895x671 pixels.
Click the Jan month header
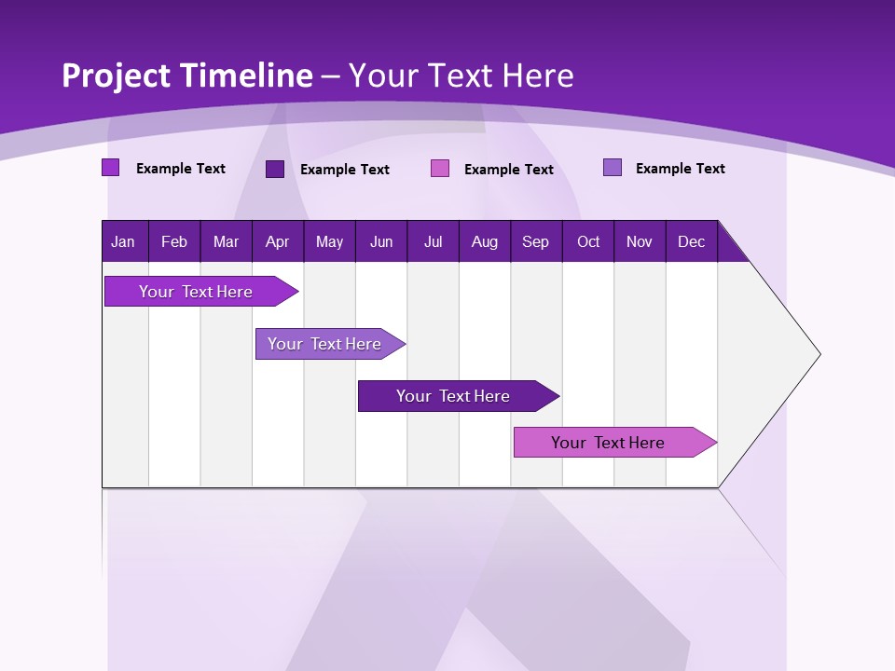tap(123, 242)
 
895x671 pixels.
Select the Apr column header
tap(278, 242)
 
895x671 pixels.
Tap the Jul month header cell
tap(433, 242)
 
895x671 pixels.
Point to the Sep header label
tap(535, 242)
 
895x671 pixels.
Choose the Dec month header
tap(691, 242)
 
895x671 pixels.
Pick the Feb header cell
tap(174, 242)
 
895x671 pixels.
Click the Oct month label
tap(588, 242)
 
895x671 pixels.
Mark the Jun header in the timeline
tap(381, 242)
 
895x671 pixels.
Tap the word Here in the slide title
tap(538, 76)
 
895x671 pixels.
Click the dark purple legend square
tap(275, 169)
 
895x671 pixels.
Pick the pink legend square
tap(440, 169)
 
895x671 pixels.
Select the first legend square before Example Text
tap(111, 168)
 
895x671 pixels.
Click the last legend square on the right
tap(613, 168)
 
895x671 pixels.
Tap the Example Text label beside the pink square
tap(509, 170)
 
